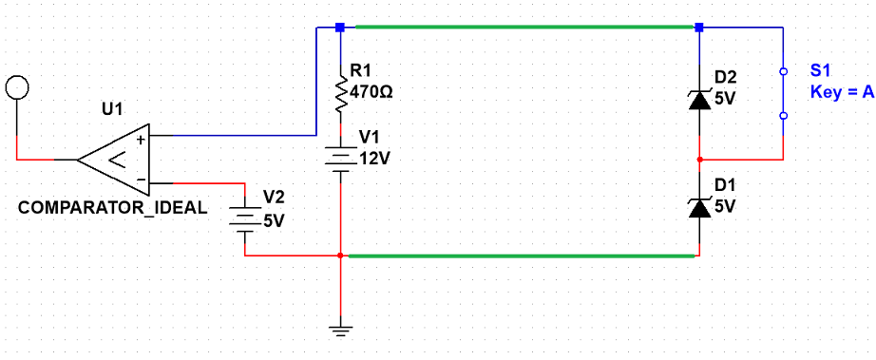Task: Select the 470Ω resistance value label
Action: [371, 92]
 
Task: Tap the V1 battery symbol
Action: [340, 159]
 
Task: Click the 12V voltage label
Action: [374, 158]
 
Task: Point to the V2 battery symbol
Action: [245, 220]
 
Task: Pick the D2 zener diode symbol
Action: [700, 101]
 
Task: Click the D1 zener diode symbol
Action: [700, 208]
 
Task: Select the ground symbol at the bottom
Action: [340, 331]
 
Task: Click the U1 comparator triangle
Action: [113, 160]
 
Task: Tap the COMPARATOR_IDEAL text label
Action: [113, 209]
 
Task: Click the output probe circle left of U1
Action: [17, 87]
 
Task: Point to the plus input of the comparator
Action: [141, 140]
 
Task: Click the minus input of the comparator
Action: [141, 180]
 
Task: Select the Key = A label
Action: [842, 93]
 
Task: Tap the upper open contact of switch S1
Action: [783, 72]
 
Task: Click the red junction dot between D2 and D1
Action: [700, 160]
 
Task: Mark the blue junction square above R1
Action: [339, 27]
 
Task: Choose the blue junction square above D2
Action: [699, 27]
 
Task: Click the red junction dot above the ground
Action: [340, 256]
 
